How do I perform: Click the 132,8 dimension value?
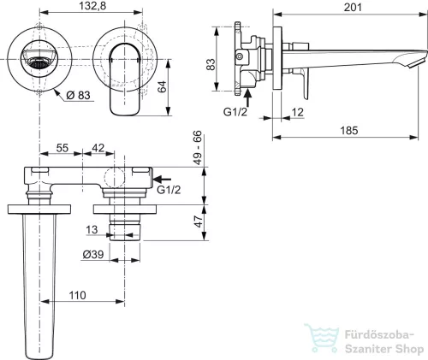pyautogui.click(x=92, y=6)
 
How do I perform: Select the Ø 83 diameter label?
pyautogui.click(x=78, y=95)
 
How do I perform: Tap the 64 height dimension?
pyautogui.click(x=162, y=87)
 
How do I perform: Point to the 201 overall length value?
pyautogui.click(x=353, y=7)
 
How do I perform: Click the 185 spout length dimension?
pyautogui.click(x=349, y=131)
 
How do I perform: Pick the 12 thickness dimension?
pyautogui.click(x=297, y=112)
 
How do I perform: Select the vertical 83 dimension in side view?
pyautogui.click(x=211, y=65)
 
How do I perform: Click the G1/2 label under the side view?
pyautogui.click(x=235, y=112)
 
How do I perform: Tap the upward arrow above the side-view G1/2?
pyautogui.click(x=248, y=97)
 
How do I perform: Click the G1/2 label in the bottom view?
pyautogui.click(x=169, y=190)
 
